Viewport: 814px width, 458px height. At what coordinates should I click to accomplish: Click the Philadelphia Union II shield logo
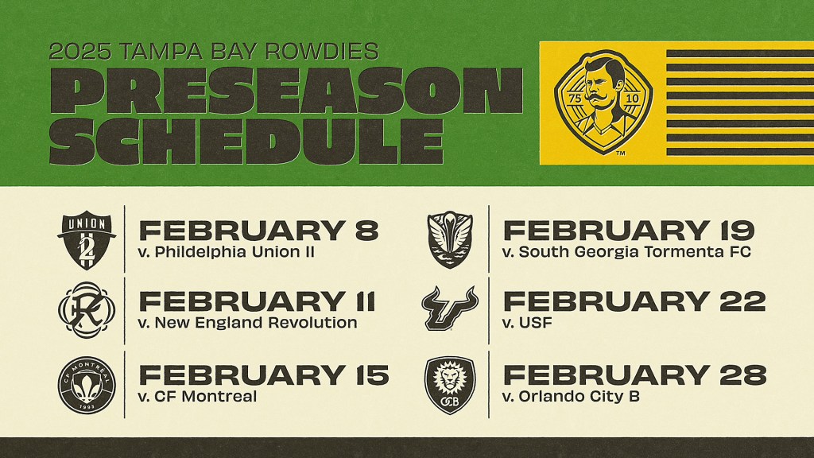pyautogui.click(x=86, y=240)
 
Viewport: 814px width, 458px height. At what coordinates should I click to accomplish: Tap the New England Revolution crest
pyautogui.click(x=86, y=310)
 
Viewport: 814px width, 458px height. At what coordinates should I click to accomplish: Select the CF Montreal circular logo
pyautogui.click(x=86, y=385)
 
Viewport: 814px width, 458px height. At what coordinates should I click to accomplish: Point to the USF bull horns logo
pyautogui.click(x=450, y=308)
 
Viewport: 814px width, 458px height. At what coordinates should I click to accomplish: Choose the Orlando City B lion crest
pyautogui.click(x=450, y=385)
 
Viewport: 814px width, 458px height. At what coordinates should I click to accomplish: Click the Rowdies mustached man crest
pyautogui.click(x=604, y=103)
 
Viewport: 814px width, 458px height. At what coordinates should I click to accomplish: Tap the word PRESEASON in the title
pyautogui.click(x=286, y=90)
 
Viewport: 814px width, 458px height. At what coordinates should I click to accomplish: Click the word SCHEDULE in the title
pyautogui.click(x=246, y=142)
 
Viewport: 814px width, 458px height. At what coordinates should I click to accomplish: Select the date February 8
pyautogui.click(x=259, y=231)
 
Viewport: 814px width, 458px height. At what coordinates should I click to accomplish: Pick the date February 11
pyautogui.click(x=258, y=301)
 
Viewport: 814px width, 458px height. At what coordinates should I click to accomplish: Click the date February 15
pyautogui.click(x=264, y=375)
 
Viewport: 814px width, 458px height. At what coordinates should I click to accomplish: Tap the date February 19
pyautogui.click(x=629, y=231)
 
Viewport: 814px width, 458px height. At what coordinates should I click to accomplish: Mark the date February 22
pyautogui.click(x=634, y=301)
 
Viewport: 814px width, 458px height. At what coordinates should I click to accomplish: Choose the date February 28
pyautogui.click(x=634, y=375)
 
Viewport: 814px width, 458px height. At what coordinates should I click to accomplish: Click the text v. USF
pyautogui.click(x=527, y=323)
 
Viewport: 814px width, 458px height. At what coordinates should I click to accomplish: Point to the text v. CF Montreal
pyautogui.click(x=198, y=396)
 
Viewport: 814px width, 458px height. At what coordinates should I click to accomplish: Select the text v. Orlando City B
pyautogui.click(x=571, y=396)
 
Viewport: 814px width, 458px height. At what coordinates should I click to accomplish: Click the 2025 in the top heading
pyautogui.click(x=80, y=52)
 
